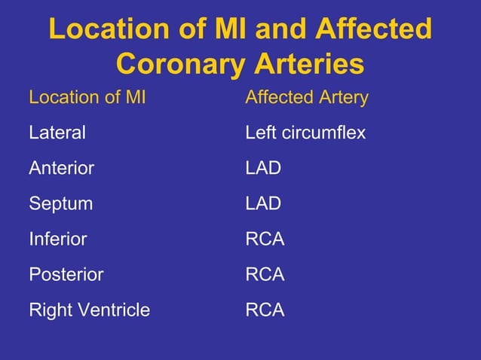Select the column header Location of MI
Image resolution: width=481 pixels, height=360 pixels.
coord(87,98)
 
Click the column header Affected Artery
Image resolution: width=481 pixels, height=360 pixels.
coord(307,98)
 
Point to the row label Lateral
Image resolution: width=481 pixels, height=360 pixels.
coord(57,133)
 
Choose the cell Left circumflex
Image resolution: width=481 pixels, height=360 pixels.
coord(305,133)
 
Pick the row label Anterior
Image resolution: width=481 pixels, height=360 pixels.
coord(62,169)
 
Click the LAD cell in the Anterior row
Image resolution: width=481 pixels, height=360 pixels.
coord(263,169)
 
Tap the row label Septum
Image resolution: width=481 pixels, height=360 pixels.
coord(60,204)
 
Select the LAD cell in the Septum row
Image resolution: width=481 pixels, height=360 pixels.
coord(263,204)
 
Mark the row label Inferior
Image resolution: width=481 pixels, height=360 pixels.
coord(58,239)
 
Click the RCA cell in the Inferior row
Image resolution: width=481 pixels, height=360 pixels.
coord(265,239)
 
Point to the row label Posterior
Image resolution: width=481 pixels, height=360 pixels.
coord(66,275)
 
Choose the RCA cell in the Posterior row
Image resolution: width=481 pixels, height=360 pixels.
coord(265,275)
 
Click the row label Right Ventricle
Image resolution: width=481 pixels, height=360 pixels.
coord(89,310)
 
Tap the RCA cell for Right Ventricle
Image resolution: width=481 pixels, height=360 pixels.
coord(265,310)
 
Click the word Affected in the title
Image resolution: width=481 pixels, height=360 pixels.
coord(374,30)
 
